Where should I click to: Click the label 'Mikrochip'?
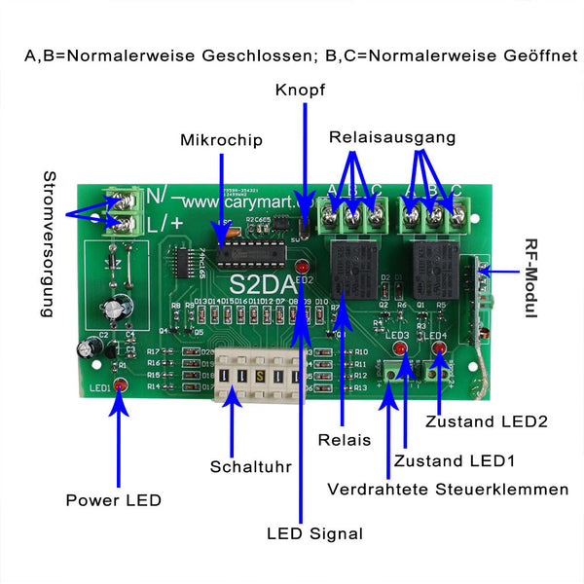pos(221,140)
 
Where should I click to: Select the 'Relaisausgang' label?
pos(392,137)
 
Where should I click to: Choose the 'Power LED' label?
pos(113,500)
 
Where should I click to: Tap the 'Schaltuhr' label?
pos(251,466)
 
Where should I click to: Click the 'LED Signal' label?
pos(314,533)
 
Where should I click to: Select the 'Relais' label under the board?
pos(345,440)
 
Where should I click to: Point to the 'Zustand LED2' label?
pos(487,421)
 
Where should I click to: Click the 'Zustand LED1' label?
pos(455,459)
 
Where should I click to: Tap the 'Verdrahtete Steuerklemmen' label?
pos(448,489)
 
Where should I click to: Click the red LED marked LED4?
pos(439,347)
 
